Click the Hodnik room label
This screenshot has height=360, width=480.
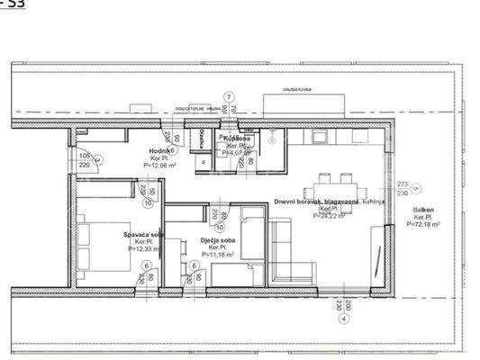tap(162, 151)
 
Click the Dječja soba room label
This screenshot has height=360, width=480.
tap(216, 240)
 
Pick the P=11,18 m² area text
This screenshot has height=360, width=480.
tap(216, 255)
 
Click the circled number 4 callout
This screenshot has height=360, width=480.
tap(343, 319)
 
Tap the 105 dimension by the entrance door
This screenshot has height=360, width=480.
tap(85, 154)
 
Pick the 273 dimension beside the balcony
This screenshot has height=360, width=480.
tap(402, 184)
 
